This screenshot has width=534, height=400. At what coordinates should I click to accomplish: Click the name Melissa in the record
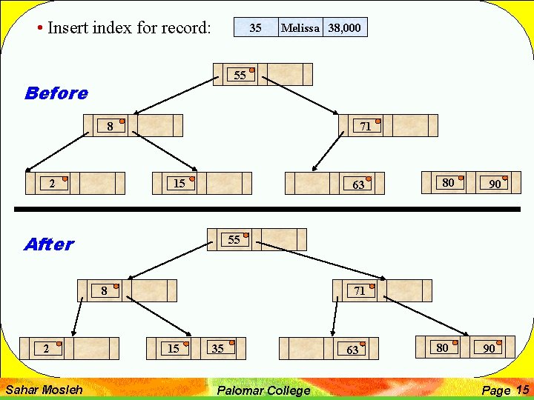[x=300, y=28]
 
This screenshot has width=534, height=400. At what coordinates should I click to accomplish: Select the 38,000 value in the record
[x=345, y=28]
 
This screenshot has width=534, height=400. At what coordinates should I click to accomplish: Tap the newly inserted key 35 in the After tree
[x=217, y=348]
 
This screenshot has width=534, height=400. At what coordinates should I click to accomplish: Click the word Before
[x=56, y=93]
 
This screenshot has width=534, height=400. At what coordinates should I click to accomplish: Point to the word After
[x=48, y=244]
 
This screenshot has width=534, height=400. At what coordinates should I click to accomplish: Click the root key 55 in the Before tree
[x=240, y=76]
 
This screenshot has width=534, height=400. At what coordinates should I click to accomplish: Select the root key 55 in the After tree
[x=234, y=240]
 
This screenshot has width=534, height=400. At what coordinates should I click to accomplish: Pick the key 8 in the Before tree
[x=110, y=127]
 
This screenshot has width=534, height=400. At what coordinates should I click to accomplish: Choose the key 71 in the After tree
[x=360, y=291]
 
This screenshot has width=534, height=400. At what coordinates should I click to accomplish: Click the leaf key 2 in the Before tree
[x=51, y=184]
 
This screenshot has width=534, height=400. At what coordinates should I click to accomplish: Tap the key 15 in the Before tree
[x=179, y=183]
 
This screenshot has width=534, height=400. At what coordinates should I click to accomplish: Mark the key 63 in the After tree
[x=352, y=350]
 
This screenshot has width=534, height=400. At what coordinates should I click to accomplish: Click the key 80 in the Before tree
[x=448, y=182]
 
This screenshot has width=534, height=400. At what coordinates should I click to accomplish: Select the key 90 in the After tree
[x=489, y=348]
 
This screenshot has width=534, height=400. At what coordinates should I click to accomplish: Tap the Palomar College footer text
[x=263, y=390]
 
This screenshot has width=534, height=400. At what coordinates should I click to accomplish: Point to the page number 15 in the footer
[x=522, y=390]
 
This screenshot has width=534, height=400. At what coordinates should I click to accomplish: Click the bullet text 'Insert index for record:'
[x=128, y=28]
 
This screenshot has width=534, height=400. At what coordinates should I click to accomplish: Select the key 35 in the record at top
[x=255, y=28]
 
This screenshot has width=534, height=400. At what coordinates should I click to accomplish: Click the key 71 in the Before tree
[x=366, y=127]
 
